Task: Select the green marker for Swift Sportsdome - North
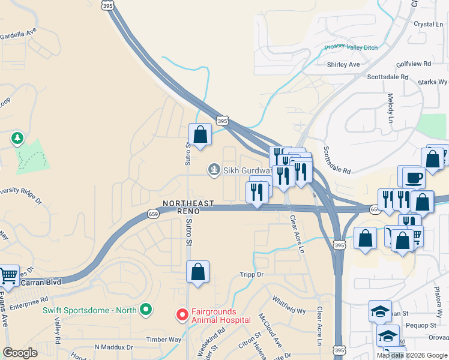[x=145, y=310]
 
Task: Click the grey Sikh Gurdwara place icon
[x=213, y=170]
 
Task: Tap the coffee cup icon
[x=413, y=178]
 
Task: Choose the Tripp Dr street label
[x=252, y=274]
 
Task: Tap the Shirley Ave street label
[x=343, y=64]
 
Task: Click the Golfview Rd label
[x=414, y=63]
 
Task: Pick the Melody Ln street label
[x=390, y=105]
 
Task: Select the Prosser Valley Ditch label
[x=351, y=47]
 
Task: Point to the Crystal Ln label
[x=428, y=24]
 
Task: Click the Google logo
[x=20, y=353]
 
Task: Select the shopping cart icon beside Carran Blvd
[x=8, y=276]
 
